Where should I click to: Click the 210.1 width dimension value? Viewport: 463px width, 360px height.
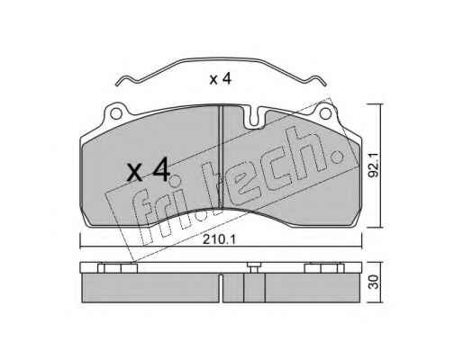pos(219,239)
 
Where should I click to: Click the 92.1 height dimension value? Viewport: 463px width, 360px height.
pos(374,165)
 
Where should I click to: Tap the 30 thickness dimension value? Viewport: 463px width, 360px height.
pos(374,282)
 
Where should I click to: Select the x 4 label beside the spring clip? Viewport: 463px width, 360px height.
pos(221,79)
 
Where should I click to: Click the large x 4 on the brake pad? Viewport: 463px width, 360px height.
pos(149,170)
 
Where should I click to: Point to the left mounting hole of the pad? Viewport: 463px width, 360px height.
pos(116,113)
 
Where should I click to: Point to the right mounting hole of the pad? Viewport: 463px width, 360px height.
pos(325,113)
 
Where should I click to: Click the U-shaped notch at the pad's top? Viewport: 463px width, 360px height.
pos(255,118)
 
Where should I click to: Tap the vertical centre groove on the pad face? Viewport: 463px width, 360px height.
pos(221,157)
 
